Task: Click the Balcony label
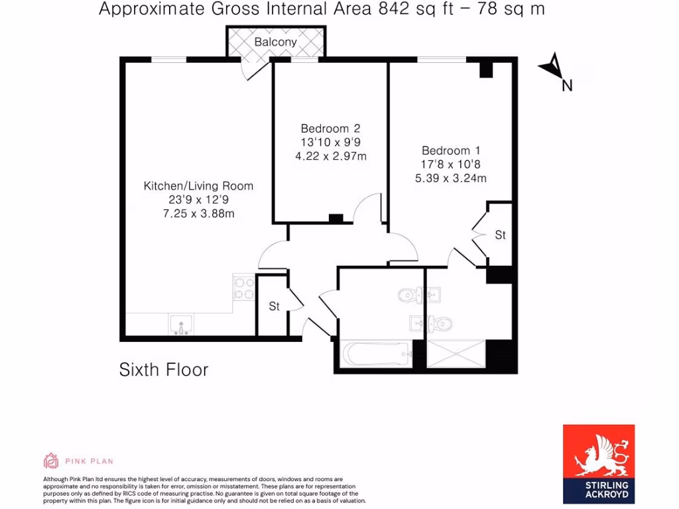coord(276,42)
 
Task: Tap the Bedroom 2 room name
coord(330,128)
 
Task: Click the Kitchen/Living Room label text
coord(198,186)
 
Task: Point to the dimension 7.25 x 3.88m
coord(198,213)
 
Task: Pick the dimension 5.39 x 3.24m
coord(451,178)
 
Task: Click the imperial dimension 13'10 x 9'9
coord(330,142)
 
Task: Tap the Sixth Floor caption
coord(163,369)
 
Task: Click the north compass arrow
coord(552,65)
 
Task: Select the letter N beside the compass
coord(567,85)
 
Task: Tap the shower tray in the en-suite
coord(456,353)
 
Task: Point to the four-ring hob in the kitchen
coord(244,288)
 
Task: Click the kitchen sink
coord(180,325)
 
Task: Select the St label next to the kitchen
coord(274,307)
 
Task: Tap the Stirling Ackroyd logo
coord(599,464)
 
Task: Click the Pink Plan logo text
coord(89,461)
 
